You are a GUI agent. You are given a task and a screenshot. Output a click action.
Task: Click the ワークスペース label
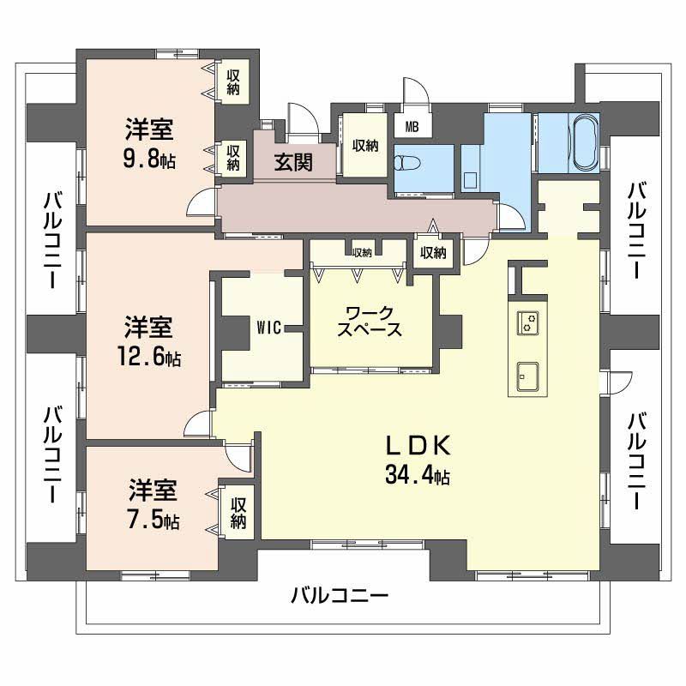click(x=370, y=321)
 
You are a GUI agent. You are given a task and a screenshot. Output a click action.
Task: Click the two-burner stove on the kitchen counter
click(x=528, y=323)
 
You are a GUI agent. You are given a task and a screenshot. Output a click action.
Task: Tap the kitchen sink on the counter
click(x=527, y=376)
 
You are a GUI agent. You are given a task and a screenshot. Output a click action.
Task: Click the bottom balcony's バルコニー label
click(x=340, y=595)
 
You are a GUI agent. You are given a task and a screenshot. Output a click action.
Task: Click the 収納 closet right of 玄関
click(x=364, y=145)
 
